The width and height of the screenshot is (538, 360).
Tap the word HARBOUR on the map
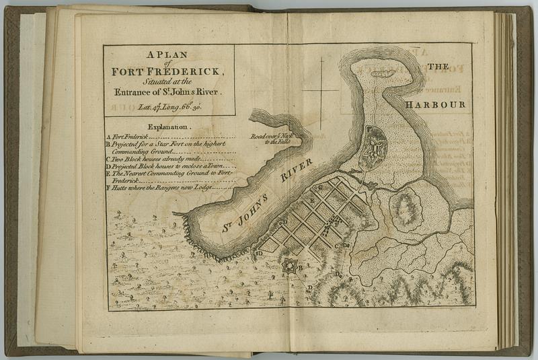[435, 106]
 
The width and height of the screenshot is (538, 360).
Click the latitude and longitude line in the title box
[169, 106]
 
